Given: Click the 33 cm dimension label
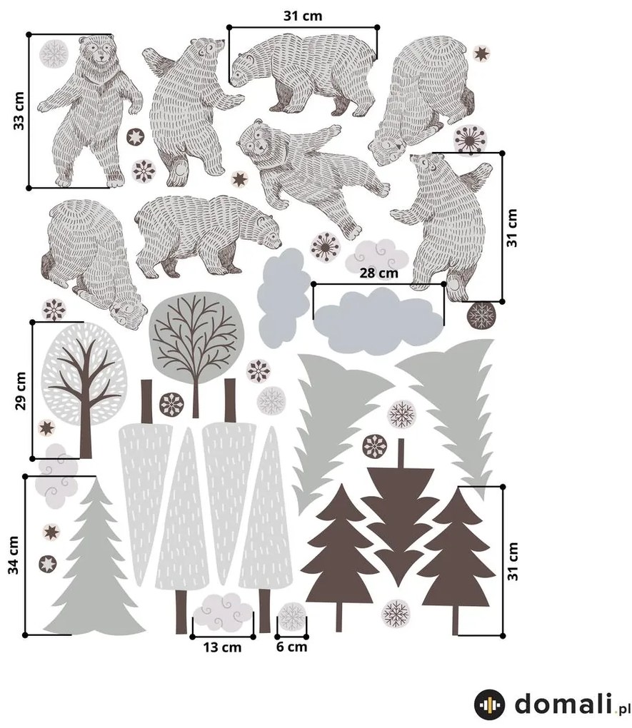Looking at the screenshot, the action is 19,111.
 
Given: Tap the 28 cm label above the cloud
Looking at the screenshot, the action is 378,273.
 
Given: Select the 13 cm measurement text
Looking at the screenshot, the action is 222,647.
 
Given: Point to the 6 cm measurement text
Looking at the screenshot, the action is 292,647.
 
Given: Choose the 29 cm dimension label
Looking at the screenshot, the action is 21,391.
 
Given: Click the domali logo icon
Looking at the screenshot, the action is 490,704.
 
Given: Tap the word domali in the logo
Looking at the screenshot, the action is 563,703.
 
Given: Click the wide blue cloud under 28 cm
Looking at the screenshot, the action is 378,320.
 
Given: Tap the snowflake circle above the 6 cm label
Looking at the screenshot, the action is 292,617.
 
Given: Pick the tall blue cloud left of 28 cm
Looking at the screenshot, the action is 284,297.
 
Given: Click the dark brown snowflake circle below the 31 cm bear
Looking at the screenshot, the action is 481,315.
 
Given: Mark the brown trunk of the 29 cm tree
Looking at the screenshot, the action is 86,408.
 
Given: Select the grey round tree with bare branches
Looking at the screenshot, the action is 196,343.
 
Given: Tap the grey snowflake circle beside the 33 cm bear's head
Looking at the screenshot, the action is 54,54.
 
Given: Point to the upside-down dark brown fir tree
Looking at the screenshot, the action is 401,515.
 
